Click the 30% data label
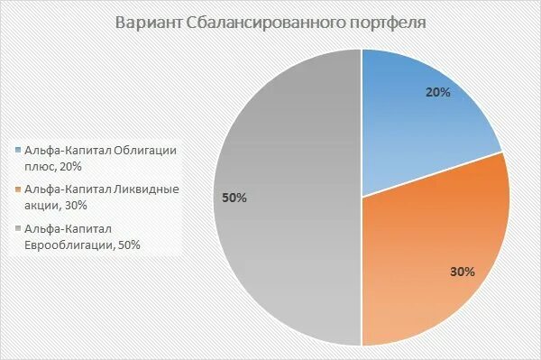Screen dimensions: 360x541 (x=462, y=270)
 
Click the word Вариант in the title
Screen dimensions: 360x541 (x=149, y=22)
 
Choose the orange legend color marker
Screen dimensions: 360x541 (x=17, y=189)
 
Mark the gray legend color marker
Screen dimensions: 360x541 (x=17, y=228)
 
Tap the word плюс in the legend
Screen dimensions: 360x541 (x=41, y=166)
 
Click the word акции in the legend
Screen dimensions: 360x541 (x=41, y=205)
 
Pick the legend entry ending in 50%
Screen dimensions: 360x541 (x=81, y=236)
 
